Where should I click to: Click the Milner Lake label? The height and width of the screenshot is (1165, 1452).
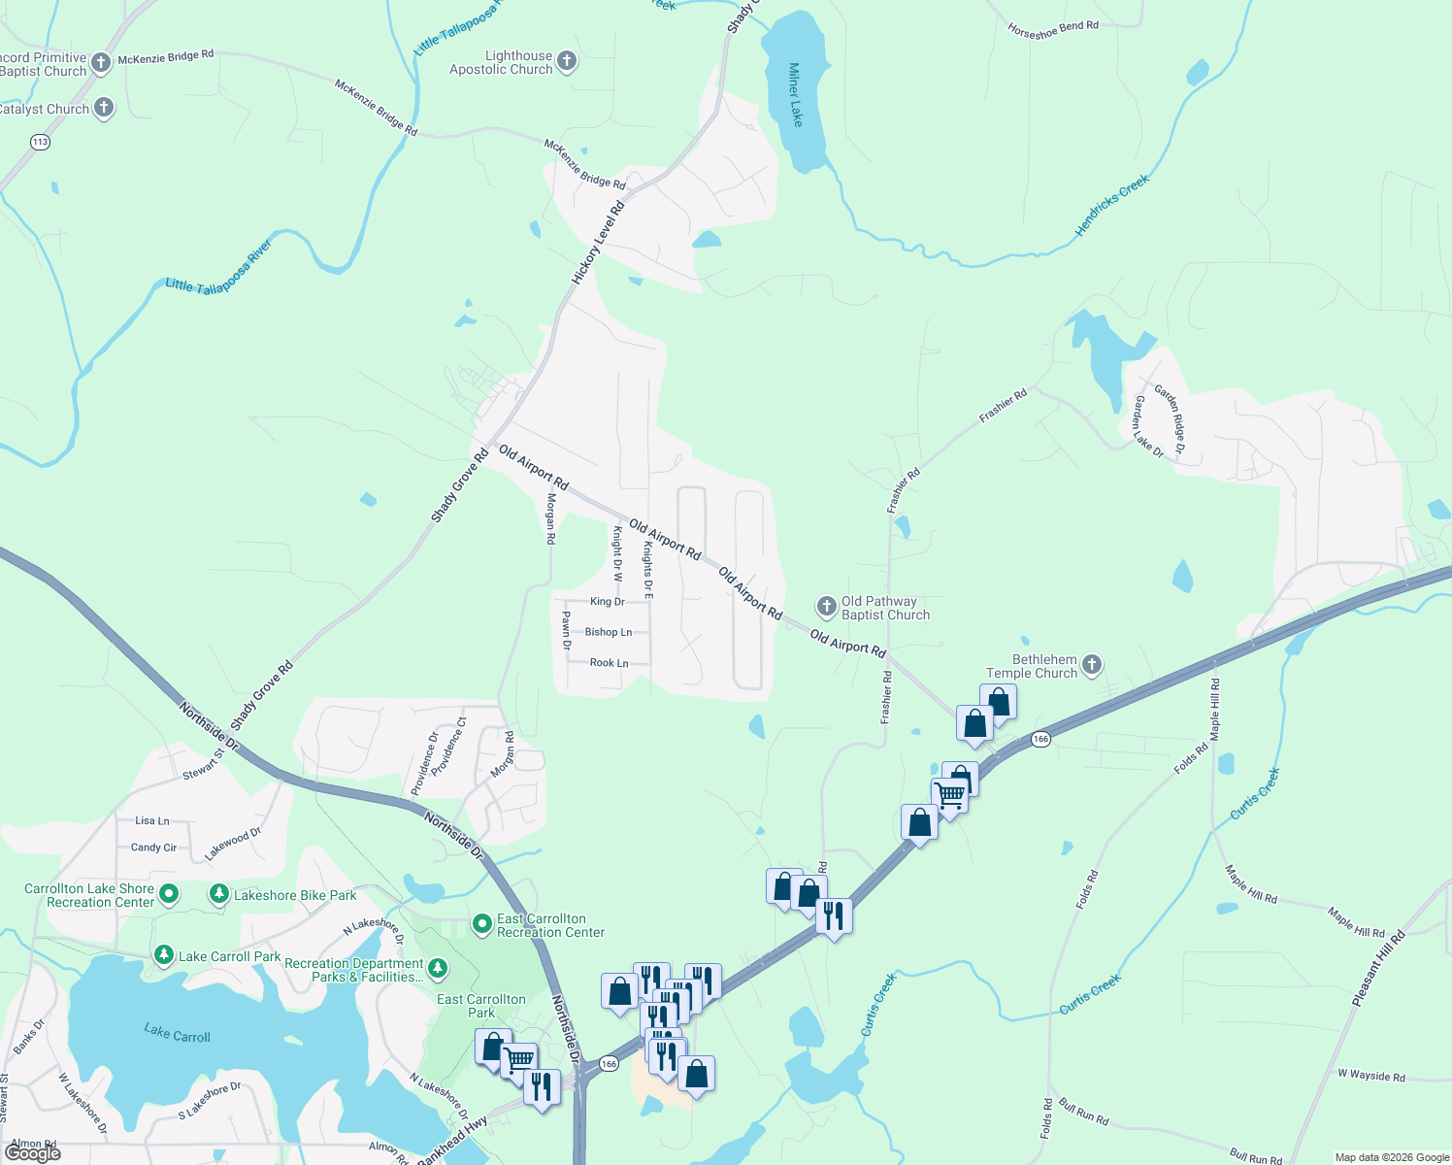point(796,94)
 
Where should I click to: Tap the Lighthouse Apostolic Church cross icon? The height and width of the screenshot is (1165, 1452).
point(567,62)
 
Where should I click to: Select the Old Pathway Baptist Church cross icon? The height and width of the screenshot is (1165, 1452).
point(826,608)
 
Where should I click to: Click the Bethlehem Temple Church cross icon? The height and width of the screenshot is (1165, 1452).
point(1092,665)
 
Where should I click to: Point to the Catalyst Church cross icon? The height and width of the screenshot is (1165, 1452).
point(104,108)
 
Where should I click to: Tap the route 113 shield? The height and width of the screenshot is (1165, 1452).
point(40,142)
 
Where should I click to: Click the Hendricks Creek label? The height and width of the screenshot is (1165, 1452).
point(1112,205)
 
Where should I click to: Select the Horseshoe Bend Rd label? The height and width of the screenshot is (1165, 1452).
point(1053,29)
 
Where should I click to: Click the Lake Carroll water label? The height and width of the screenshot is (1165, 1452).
point(177,1033)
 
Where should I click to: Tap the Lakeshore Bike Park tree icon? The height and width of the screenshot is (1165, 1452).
point(220,894)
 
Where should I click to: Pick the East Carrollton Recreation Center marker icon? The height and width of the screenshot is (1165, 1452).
point(482,924)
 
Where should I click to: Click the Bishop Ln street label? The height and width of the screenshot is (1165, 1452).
point(609,632)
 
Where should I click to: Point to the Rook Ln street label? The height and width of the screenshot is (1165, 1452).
point(610,663)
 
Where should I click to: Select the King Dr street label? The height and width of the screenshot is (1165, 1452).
point(608,602)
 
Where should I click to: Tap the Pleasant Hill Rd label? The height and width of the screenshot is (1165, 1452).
point(1377,968)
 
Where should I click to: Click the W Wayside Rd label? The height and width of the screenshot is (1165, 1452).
point(1370,1076)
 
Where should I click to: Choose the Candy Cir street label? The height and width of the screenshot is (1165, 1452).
point(154,848)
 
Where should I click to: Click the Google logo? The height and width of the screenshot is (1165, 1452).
point(33,1152)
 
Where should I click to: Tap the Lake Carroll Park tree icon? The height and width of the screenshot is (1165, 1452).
point(164,956)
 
